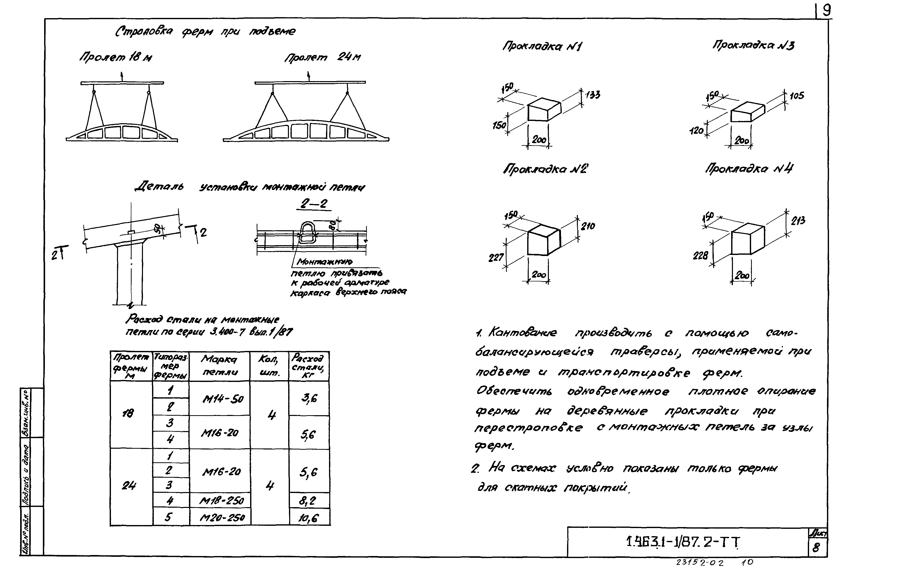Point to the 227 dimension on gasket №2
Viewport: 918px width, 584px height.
coord(496,258)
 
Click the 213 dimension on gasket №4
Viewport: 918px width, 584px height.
coord(798,220)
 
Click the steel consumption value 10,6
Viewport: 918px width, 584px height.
coord(308,518)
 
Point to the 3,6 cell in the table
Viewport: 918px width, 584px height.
coord(309,399)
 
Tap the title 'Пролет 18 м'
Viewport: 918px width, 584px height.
coord(115,57)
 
